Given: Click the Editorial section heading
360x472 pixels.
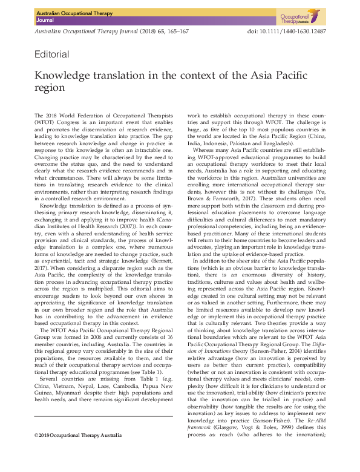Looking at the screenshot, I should coord(53,54).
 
